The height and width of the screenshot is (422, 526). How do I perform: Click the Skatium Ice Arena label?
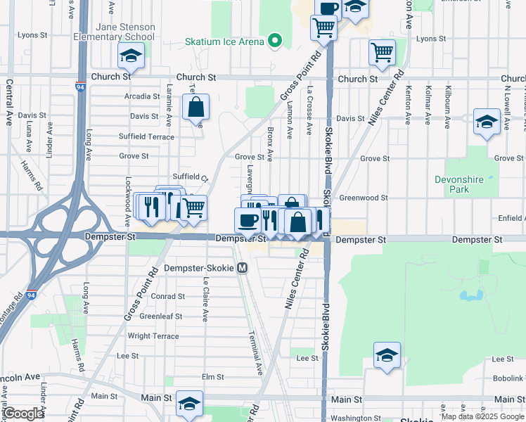pyautogui.click(x=224, y=41)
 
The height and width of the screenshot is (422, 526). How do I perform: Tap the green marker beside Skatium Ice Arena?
pyautogui.click(x=275, y=41)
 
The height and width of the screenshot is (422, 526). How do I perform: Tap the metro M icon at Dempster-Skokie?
pyautogui.click(x=243, y=268)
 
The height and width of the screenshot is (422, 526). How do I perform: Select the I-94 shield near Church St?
pyautogui.click(x=79, y=87)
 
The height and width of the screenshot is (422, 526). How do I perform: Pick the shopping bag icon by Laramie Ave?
pyautogui.click(x=196, y=108)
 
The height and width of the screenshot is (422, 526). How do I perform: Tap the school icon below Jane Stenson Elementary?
pyautogui.click(x=131, y=56)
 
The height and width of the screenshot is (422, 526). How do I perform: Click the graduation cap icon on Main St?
pyautogui.click(x=188, y=404)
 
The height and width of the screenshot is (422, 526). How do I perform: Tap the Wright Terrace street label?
pyautogui.click(x=153, y=336)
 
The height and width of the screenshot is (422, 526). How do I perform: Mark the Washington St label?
pyautogui.click(x=355, y=418)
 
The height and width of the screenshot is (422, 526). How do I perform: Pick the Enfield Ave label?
pyautogui.click(x=511, y=219)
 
